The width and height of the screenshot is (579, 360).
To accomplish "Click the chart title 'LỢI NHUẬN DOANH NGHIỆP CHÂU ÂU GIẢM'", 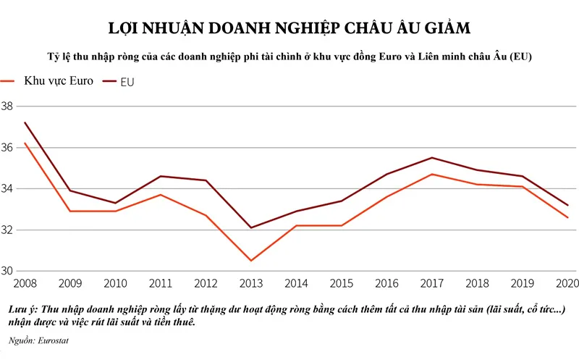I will pyautogui.click(x=289, y=28).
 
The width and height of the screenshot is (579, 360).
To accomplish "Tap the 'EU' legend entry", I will pyautogui.click(x=127, y=82).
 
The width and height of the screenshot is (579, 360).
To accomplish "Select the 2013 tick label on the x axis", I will pyautogui.click(x=252, y=283).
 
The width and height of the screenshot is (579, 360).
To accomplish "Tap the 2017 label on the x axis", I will pyautogui.click(x=432, y=283).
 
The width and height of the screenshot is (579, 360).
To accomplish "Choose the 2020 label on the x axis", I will pyautogui.click(x=566, y=283).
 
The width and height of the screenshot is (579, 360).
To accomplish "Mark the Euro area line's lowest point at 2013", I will pyautogui.click(x=251, y=261).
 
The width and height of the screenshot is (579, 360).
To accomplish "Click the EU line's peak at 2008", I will pyautogui.click(x=25, y=122).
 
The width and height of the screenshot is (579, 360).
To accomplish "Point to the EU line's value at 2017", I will pyautogui.click(x=432, y=157).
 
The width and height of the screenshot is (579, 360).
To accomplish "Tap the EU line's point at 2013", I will pyautogui.click(x=251, y=227).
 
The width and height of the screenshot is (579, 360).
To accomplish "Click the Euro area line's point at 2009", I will pyautogui.click(x=71, y=211).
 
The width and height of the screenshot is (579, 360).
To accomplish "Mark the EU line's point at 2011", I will pyautogui.click(x=161, y=176).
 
